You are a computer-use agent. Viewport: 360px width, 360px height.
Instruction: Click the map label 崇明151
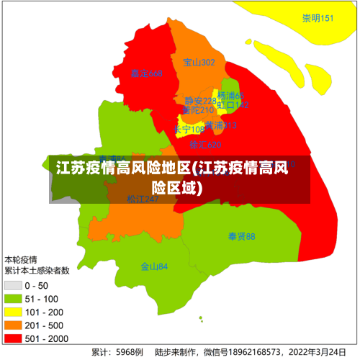coord(318,18)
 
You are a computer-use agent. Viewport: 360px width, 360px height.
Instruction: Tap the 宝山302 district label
coord(199,63)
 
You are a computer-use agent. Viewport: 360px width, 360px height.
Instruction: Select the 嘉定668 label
coord(146,73)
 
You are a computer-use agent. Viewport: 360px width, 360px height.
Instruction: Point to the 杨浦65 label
coord(231,96)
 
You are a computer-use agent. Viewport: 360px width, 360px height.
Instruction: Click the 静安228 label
coord(199,101)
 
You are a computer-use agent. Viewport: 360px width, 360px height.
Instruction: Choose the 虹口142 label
coord(233,105)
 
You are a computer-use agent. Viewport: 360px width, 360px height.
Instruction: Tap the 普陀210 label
coord(197,110)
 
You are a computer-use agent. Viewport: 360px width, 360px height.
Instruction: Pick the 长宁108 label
coord(189,130)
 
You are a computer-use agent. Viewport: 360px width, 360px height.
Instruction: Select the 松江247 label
coord(143,199)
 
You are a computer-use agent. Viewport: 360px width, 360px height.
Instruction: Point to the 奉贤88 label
coord(241,236)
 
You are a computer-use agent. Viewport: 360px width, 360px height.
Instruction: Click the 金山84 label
coord(154,266)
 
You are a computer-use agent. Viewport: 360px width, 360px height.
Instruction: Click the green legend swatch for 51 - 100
coord(12,298)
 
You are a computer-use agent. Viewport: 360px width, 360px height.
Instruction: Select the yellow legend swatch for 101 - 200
coord(12,312)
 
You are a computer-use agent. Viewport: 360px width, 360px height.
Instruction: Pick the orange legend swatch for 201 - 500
coord(12,325)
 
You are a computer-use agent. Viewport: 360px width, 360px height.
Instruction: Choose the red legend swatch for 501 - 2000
coord(12,338)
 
